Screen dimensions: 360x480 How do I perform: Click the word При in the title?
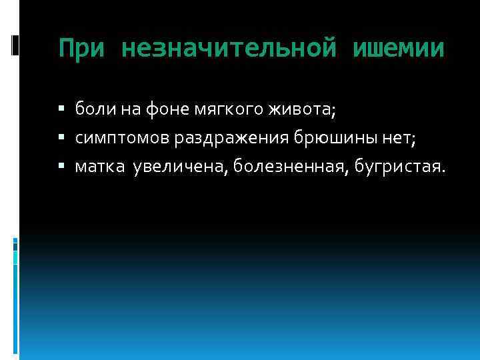pos(82,49)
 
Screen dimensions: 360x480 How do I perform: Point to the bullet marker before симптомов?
pos(61,137)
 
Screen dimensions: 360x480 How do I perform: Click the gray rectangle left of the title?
pos(15,44)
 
